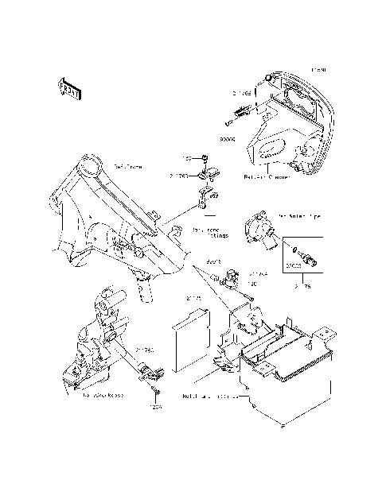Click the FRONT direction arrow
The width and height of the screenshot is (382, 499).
[68, 87]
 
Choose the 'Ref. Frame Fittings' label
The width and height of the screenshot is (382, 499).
[211, 231]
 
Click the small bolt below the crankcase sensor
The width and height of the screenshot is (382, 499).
[155, 394]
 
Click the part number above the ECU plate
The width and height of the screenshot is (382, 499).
[191, 300]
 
